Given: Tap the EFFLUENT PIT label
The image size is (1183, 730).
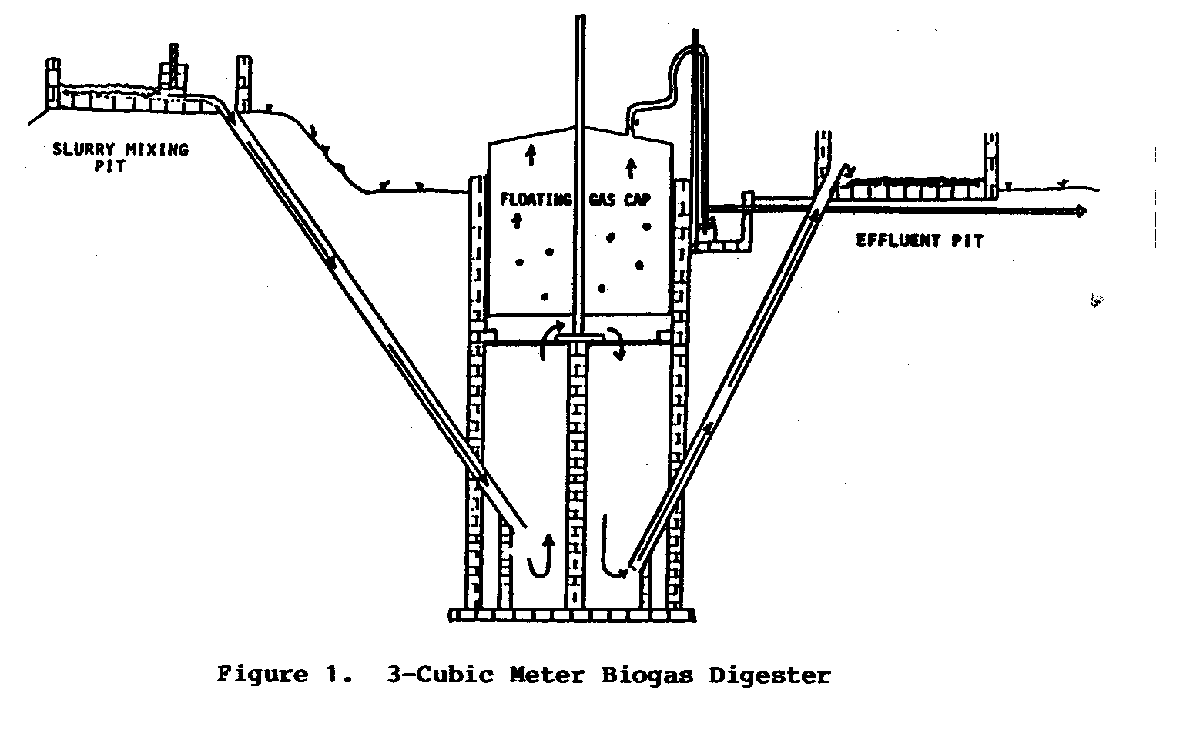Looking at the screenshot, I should tap(920, 241).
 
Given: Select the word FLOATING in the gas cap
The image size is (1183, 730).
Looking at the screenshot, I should tap(536, 200).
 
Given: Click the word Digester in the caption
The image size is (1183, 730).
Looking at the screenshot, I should tap(769, 675).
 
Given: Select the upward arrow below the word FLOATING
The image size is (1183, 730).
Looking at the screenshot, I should tap(516, 221).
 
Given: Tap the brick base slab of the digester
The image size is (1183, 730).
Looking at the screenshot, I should tap(572, 614).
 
